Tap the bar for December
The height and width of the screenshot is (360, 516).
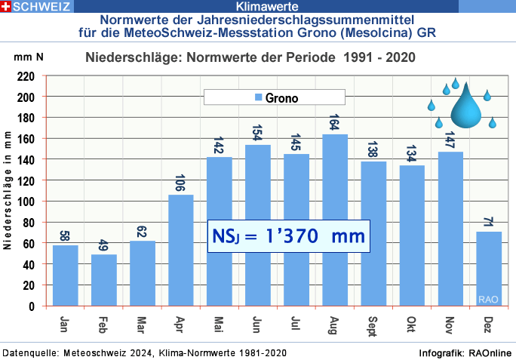[489, 269]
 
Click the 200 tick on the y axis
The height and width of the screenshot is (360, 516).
[26, 97]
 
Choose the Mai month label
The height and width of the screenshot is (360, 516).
[219, 323]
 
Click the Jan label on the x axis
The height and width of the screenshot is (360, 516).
[65, 322]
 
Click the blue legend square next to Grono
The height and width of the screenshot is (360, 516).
[258, 98]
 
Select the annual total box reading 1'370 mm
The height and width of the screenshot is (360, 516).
[289, 236]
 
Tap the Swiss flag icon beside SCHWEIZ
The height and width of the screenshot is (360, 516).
[6, 6]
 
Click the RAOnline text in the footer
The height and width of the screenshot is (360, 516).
[490, 353]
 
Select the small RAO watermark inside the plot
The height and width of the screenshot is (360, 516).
[488, 300]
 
